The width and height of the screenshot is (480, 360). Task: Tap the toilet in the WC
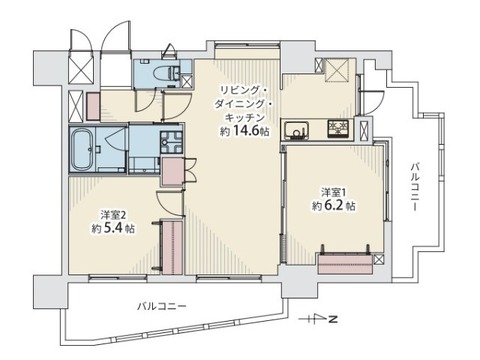pyautogui.click(x=169, y=72)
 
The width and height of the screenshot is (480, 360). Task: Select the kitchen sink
pyautogui.click(x=296, y=130)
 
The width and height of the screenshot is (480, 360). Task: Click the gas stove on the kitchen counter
pyautogui.click(x=338, y=129)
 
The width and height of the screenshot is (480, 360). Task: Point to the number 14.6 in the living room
pyautogui.click(x=247, y=131)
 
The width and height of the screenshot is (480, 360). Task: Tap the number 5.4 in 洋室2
pyautogui.click(x=113, y=228)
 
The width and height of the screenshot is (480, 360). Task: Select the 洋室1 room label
pyautogui.click(x=334, y=192)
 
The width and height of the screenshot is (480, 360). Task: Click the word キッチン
pyautogui.click(x=245, y=118)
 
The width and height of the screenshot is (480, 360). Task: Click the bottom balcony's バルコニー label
pyautogui.click(x=162, y=305)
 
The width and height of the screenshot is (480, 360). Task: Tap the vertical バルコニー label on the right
pyautogui.click(x=415, y=187)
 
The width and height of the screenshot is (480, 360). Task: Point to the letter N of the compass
pyautogui.click(x=332, y=319)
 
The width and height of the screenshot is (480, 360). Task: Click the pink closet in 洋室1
pyautogui.click(x=346, y=263)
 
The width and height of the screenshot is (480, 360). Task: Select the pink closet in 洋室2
pyautogui.click(x=172, y=246)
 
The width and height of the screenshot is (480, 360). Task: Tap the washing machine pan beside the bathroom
pyautogui.click(x=171, y=140)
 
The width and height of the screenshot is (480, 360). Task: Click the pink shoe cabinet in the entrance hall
pyautogui.click(x=93, y=106)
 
